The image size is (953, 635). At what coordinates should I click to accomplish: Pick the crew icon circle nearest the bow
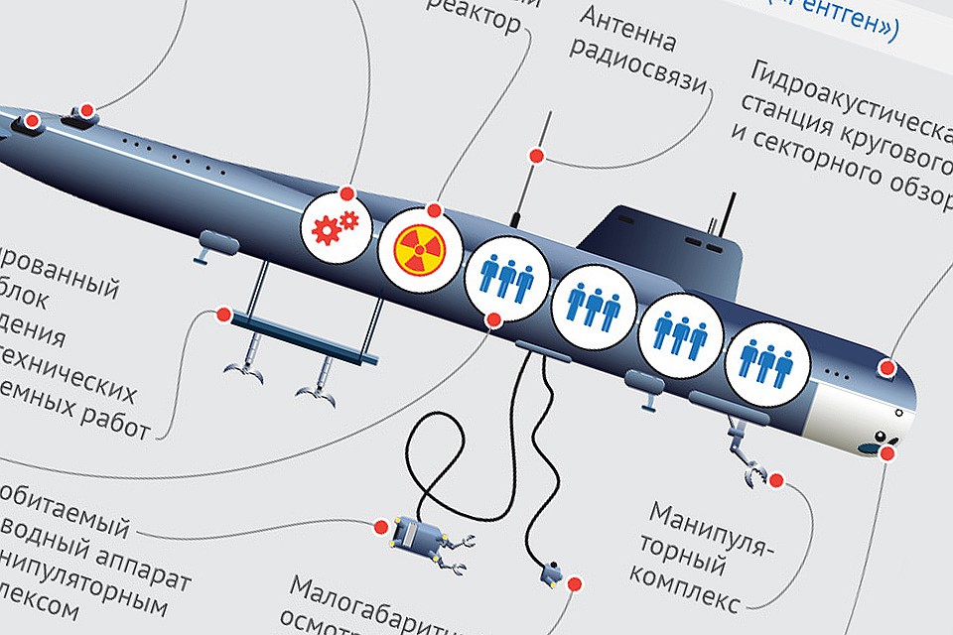761,357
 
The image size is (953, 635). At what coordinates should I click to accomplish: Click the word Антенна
630,30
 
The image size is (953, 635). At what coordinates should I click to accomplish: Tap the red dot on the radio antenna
535,156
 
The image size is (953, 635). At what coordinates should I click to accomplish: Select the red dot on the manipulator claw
776,480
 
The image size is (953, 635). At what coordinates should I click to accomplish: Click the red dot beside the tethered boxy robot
380,525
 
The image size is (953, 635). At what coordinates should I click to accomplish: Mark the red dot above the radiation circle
434,210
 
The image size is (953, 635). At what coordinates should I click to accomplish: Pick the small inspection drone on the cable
551,572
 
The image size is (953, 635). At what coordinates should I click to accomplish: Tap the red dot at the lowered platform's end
223,315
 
